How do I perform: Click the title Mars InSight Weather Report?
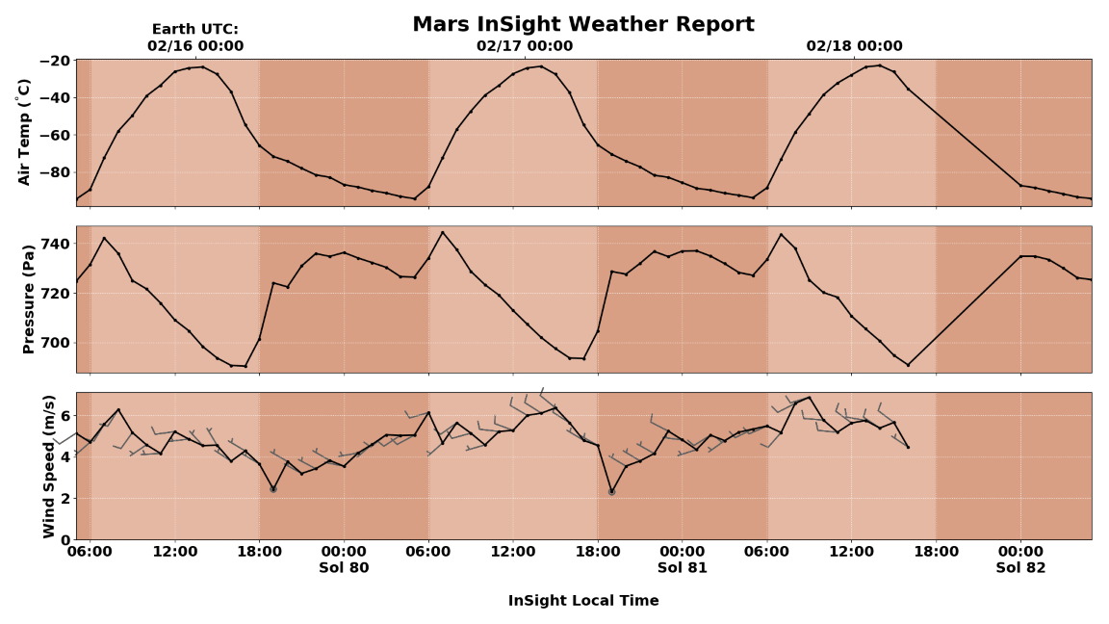pyautogui.click(x=582, y=24)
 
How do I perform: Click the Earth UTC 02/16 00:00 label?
pyautogui.click(x=195, y=38)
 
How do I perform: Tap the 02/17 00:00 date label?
pyautogui.click(x=525, y=46)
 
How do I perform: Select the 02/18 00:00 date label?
pyautogui.click(x=854, y=46)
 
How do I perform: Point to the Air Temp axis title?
pyautogui.click(x=25, y=132)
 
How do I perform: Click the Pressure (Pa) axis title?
pyautogui.click(x=29, y=299)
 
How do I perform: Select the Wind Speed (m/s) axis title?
pyautogui.click(x=49, y=466)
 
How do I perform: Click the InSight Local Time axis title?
pyautogui.click(x=583, y=601)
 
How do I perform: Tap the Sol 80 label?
pyautogui.click(x=344, y=568)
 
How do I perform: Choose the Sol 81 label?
pyautogui.click(x=683, y=568)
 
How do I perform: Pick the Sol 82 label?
pyautogui.click(x=1020, y=568)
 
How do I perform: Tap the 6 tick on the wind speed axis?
pyautogui.click(x=64, y=415)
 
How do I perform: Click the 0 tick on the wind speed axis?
pyautogui.click(x=64, y=540)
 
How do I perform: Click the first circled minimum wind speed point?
pyautogui.click(x=273, y=489)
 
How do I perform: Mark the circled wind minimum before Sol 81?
pyautogui.click(x=611, y=491)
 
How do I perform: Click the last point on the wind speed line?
pyautogui.click(x=908, y=447)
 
